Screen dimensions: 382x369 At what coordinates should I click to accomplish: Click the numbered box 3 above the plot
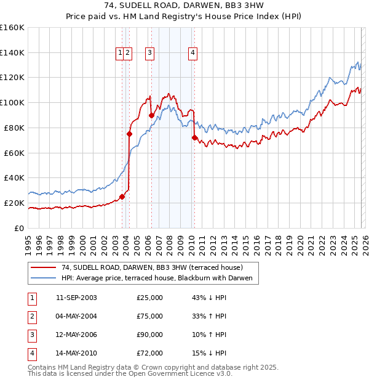coord(149,54)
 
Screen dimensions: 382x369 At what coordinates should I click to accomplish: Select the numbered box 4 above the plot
coord(192,54)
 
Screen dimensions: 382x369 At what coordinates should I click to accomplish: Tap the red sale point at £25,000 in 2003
coord(122,197)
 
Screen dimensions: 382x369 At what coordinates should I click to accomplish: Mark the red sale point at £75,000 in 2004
coord(129,133)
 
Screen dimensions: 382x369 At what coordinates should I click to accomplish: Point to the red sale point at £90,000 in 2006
coord(151,115)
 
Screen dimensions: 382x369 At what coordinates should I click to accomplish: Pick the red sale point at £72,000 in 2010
coord(194,137)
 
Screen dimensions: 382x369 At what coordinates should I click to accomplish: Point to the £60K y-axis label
coord(14,153)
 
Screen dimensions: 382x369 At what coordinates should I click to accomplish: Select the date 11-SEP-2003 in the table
coord(76,298)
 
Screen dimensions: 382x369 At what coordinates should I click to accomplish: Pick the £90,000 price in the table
coord(149,335)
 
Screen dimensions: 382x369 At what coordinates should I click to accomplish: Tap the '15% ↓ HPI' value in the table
coord(209,353)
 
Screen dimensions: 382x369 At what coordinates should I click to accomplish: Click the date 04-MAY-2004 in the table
coord(76,316)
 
